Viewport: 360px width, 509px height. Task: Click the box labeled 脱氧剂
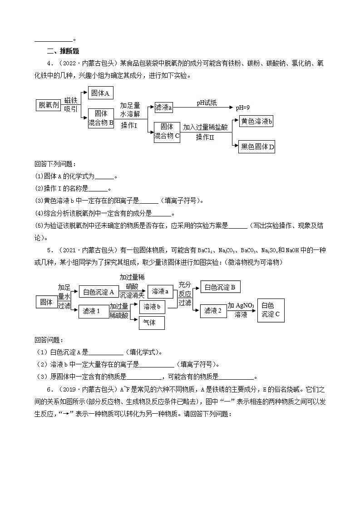click(x=48, y=105)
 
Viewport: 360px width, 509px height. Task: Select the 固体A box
click(x=100, y=93)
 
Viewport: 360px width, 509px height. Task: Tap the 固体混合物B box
click(x=101, y=118)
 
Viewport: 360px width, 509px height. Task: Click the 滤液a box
click(x=163, y=107)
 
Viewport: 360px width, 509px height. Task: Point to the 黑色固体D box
click(x=256, y=147)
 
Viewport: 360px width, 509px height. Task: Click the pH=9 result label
click(x=242, y=108)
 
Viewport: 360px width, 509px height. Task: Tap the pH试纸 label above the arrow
click(x=207, y=103)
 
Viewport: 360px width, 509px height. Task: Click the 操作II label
click(x=205, y=137)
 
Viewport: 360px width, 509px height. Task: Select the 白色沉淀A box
click(x=99, y=292)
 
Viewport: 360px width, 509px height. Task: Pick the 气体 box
click(x=152, y=323)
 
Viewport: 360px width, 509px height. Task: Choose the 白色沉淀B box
click(x=220, y=287)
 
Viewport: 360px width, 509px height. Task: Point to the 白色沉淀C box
click(x=271, y=310)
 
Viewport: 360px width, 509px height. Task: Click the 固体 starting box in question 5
click(x=46, y=301)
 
